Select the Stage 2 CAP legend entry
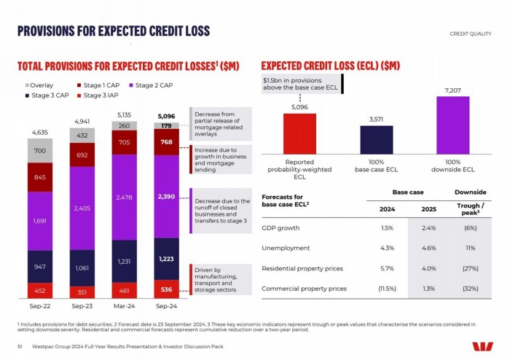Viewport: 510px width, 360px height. (x=153, y=85)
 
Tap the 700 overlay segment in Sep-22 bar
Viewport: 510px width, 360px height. (x=39, y=151)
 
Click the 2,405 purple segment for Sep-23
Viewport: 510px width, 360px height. (x=82, y=208)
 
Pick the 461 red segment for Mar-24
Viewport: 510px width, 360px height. (x=124, y=289)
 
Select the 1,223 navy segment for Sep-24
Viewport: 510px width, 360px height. (x=167, y=259)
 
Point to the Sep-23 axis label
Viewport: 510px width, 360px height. (x=82, y=305)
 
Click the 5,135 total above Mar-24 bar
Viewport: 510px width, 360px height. (x=124, y=114)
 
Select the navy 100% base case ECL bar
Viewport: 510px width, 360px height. (x=376, y=139)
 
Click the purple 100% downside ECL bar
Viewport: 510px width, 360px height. (x=452, y=125)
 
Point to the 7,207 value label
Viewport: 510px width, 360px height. (x=452, y=90)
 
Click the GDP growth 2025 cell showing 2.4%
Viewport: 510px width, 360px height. (x=428, y=228)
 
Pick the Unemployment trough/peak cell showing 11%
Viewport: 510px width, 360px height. (x=470, y=249)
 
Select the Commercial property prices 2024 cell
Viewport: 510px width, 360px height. (x=388, y=289)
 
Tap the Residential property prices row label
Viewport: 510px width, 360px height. (x=302, y=268)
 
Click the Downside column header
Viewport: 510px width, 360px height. (x=470, y=192)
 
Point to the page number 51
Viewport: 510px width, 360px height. (x=20, y=346)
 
